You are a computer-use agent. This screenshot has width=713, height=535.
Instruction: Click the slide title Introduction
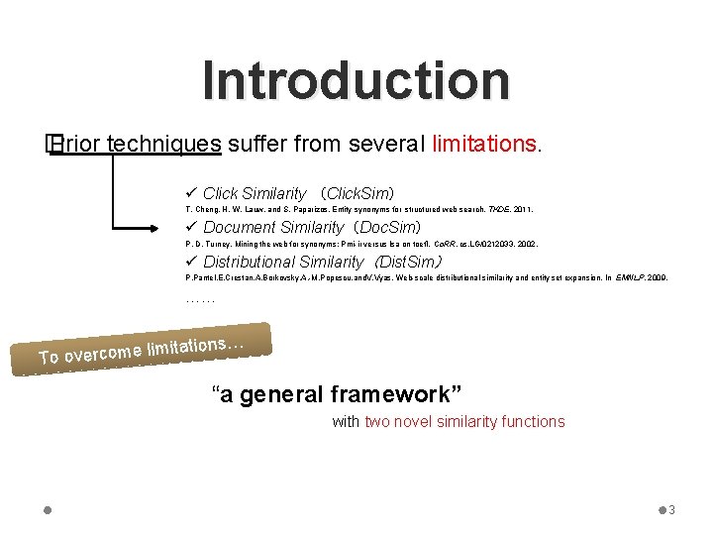[x=356, y=81]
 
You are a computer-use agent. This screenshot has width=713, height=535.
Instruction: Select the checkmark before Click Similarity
[x=191, y=193]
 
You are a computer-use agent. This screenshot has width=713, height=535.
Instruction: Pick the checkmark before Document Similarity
[x=191, y=228]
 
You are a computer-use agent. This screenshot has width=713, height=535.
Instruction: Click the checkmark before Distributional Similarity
[x=191, y=262]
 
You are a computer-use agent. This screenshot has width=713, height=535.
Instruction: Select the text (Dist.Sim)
[x=407, y=262]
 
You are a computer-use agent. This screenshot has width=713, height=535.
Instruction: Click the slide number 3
[x=671, y=510]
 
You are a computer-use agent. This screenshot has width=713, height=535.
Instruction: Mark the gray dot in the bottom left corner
[x=49, y=510]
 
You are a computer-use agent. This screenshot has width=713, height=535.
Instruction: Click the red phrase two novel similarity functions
[x=464, y=422]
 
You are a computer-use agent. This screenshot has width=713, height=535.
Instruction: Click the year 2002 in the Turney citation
[x=525, y=244]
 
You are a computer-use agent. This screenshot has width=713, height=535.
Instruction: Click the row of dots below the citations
[x=200, y=297]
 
